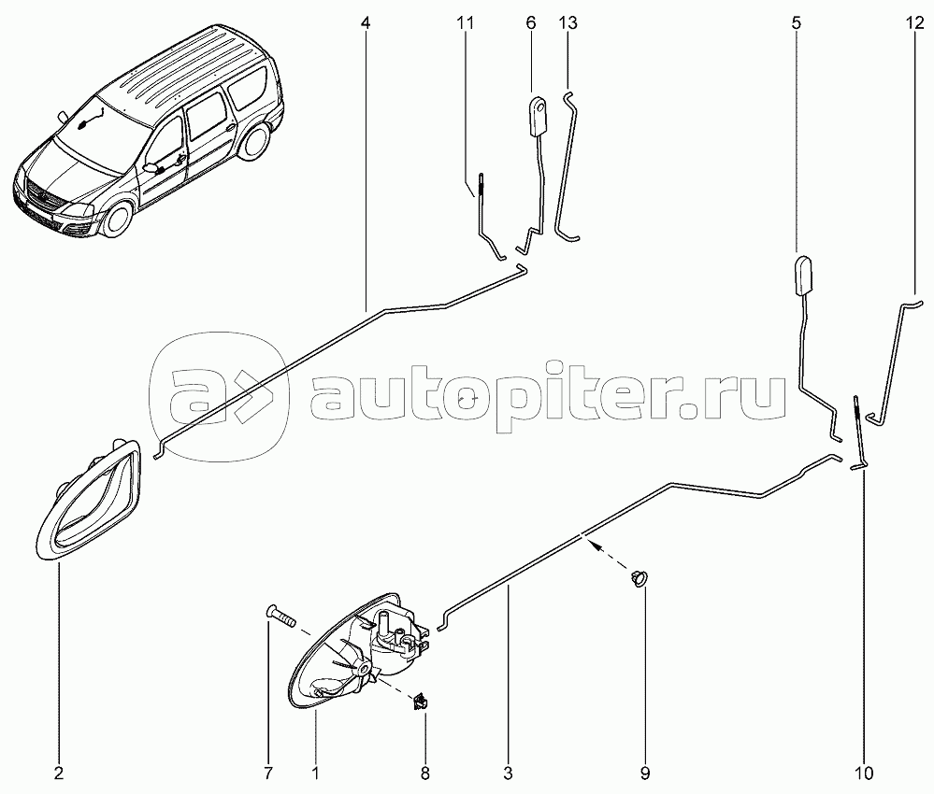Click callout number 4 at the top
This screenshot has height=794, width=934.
(366, 23)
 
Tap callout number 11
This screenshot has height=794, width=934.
(466, 23)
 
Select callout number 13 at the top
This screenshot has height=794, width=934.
(568, 23)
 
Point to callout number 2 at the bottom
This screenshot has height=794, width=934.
(58, 773)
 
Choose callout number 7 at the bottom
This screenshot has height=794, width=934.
(268, 773)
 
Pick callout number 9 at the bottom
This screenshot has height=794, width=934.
(644, 773)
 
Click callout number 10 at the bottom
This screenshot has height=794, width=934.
(863, 773)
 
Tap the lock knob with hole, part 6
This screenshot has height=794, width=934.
(539, 117)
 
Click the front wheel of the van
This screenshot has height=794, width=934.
(119, 219)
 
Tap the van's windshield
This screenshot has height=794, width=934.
(97, 135)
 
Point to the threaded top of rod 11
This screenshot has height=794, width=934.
(481, 185)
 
